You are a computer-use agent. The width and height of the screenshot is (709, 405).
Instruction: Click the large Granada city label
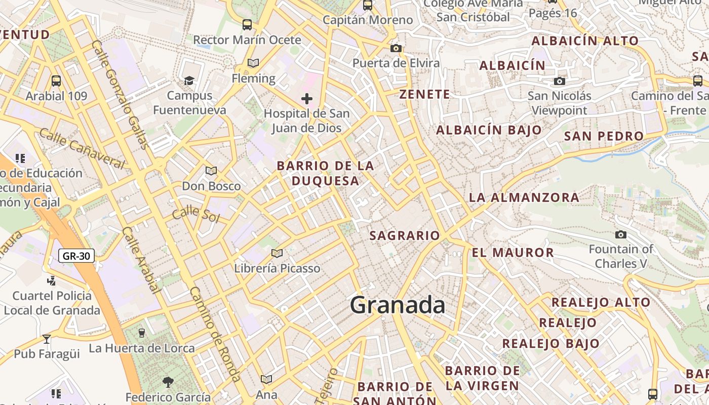[x=398, y=305]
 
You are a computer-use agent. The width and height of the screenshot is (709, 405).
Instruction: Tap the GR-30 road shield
[x=77, y=256]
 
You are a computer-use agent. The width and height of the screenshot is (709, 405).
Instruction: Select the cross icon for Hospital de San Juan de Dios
[x=307, y=99]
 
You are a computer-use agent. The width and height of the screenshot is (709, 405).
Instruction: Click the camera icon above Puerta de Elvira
[x=396, y=49]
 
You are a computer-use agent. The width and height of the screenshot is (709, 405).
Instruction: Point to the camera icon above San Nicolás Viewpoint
[x=559, y=81]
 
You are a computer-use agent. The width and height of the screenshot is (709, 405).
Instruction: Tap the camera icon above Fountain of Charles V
[x=620, y=234]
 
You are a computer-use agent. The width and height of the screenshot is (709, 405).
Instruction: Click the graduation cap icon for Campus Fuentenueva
[x=189, y=80]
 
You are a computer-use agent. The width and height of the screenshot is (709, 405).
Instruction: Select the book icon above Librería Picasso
[x=277, y=253]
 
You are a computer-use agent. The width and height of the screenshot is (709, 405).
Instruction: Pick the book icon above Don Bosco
[x=211, y=171]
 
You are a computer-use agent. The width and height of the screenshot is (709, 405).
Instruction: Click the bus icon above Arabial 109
[x=56, y=80]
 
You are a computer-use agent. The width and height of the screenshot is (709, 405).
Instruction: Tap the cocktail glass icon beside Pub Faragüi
[x=47, y=339]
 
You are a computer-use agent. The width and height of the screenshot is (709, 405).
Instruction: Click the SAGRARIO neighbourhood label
[x=405, y=235]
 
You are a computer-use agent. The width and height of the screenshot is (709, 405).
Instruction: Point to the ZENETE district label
[x=424, y=94]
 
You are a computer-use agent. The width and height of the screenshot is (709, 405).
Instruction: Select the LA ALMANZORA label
[x=524, y=197]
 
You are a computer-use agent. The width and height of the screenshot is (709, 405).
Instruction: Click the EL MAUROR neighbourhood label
[x=513, y=252]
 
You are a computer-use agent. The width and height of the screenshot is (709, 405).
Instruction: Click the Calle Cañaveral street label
[x=82, y=148]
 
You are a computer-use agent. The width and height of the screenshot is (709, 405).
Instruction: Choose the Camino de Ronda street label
[x=215, y=334]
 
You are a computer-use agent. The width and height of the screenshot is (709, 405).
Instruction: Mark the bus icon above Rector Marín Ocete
[x=247, y=24]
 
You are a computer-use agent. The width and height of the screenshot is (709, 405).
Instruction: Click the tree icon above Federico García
[x=168, y=382]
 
